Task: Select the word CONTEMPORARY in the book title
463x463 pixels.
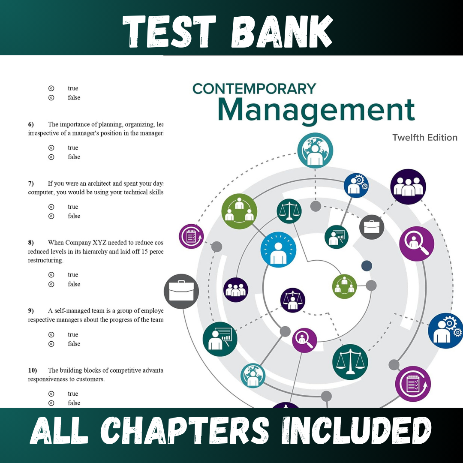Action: coord(254,89)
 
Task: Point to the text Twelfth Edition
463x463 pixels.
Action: coord(425,138)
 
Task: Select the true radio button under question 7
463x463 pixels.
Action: coord(51,207)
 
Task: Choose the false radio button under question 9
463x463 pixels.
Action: coord(51,344)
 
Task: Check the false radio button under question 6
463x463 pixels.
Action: coord(51,157)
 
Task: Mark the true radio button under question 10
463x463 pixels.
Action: coord(51,394)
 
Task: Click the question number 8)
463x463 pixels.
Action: coord(31,243)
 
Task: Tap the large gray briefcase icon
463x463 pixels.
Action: coord(181,291)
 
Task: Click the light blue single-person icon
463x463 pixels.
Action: coord(279,250)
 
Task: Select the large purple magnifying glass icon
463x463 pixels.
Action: coord(416,244)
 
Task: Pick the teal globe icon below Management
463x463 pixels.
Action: coord(315,150)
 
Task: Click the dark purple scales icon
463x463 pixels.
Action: coord(293,300)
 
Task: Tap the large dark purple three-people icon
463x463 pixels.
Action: coord(408,186)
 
